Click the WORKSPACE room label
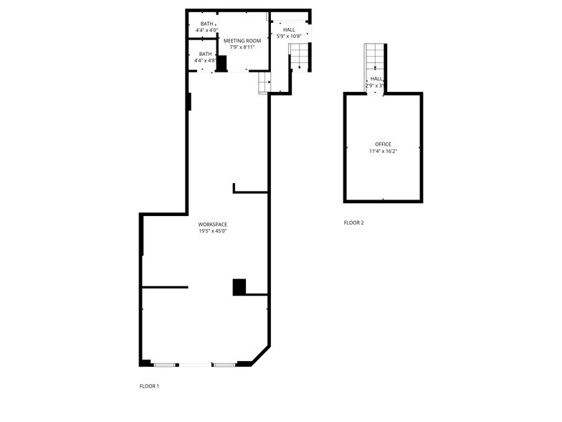[213, 225]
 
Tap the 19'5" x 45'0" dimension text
[213, 231]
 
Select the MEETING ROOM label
[242, 41]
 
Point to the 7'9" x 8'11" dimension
[242, 47]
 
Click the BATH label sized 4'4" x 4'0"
[206, 24]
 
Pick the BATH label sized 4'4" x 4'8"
[206, 54]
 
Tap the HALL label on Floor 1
[289, 29]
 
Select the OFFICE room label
[384, 144]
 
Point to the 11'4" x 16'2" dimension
[384, 151]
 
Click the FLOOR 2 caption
[353, 222]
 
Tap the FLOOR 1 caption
[149, 386]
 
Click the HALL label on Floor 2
[376, 79]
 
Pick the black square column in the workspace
[239, 287]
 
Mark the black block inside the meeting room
[222, 64]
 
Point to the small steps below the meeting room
[264, 83]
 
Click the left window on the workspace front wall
[166, 365]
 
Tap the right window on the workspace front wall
[224, 365]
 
